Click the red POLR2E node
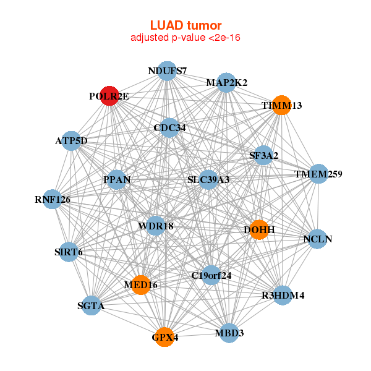pyautogui.click(x=109, y=96)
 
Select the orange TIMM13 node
pyautogui.click(x=281, y=105)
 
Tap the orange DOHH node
pyautogui.click(x=259, y=230)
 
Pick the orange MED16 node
pyautogui.click(x=141, y=285)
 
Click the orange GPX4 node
pyautogui.click(x=164, y=337)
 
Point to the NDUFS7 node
pyautogui.click(x=167, y=71)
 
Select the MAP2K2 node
pyautogui.click(x=226, y=83)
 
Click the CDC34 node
pyautogui.click(x=169, y=128)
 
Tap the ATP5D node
pyautogui.click(x=71, y=141)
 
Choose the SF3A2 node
pyautogui.click(x=263, y=155)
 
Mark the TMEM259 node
pyautogui.click(x=318, y=174)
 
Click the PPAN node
pyautogui.click(x=117, y=179)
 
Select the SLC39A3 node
pyautogui.click(x=208, y=179)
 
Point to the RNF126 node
pyautogui.click(x=53, y=199)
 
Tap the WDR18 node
pyautogui.click(x=156, y=226)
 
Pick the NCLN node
pyautogui.click(x=318, y=239)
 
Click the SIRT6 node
pyautogui.click(x=69, y=252)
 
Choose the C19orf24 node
pyautogui.click(x=211, y=275)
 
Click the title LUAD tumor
pyautogui.click(x=185, y=25)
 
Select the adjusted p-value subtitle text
pyautogui.click(x=185, y=38)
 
